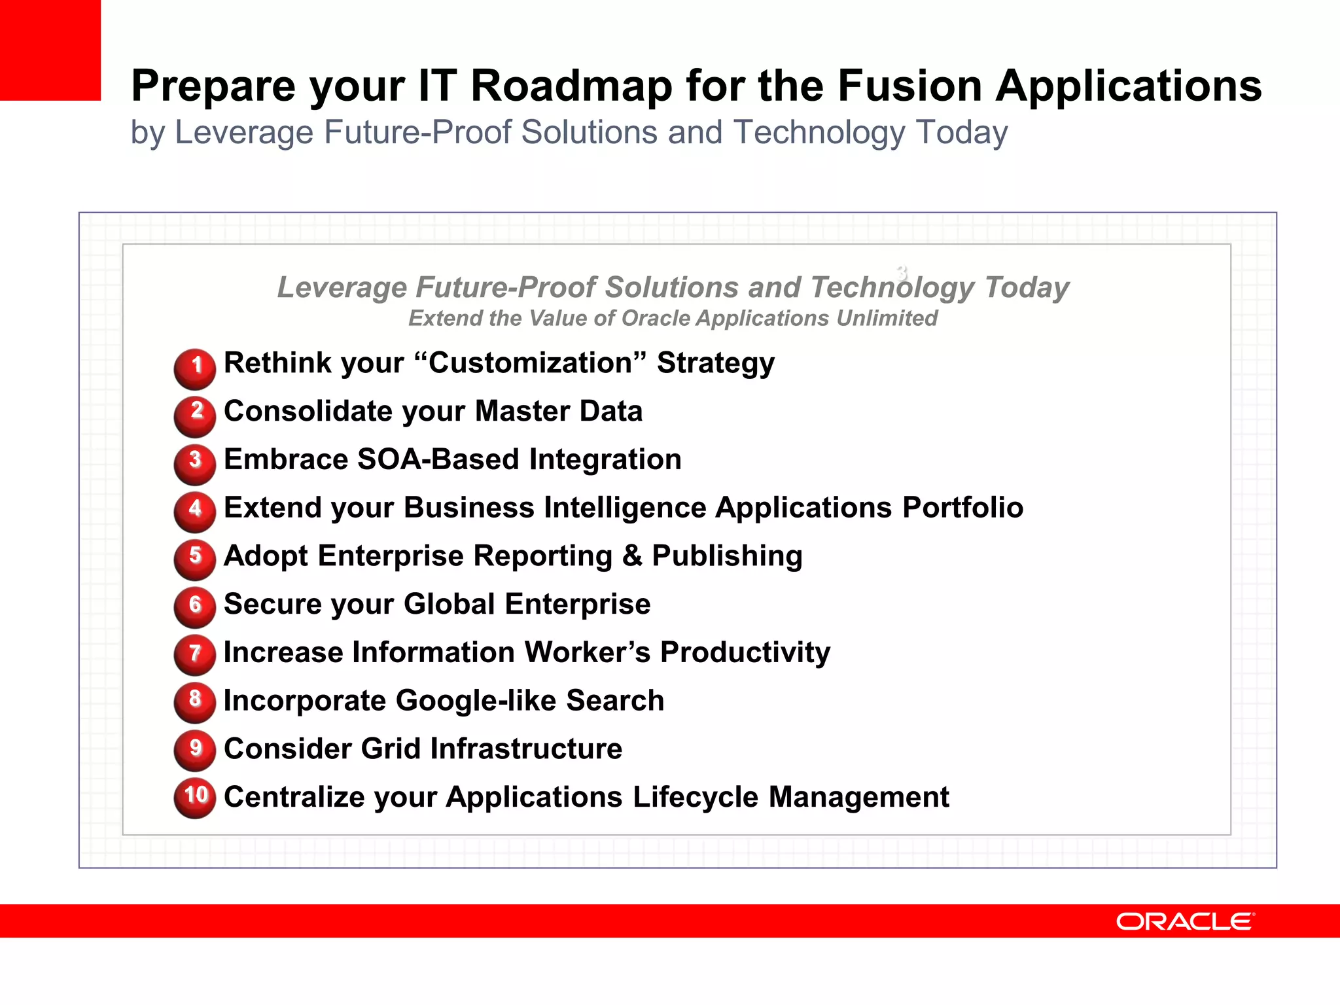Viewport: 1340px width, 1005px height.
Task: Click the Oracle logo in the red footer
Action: click(1185, 921)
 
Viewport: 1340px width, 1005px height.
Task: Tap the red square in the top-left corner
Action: click(50, 50)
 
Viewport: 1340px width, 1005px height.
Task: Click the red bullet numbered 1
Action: click(195, 368)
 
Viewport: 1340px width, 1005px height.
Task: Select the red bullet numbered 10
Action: click(195, 798)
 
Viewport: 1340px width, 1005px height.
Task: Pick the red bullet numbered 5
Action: click(195, 559)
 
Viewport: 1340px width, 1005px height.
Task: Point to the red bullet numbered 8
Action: click(195, 702)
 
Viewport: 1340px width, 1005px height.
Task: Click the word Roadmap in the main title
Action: click(571, 86)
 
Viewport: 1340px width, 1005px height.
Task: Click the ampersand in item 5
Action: click(632, 556)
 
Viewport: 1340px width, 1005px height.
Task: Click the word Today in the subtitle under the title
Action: click(961, 133)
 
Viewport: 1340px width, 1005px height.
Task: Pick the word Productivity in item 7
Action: click(745, 653)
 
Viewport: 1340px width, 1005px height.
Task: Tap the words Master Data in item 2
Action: click(558, 412)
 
